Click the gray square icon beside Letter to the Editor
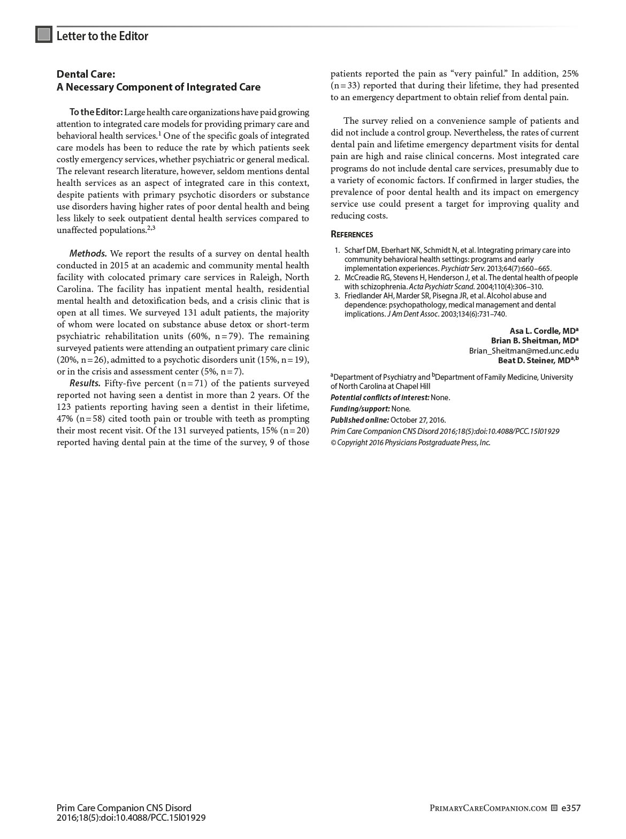coord(44,35)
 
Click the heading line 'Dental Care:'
coord(86,74)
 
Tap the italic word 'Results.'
coord(85,383)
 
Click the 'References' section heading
coord(352,234)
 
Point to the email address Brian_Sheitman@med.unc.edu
coord(523,350)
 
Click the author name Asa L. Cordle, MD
coord(543,331)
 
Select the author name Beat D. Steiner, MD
coord(537,360)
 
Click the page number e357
coord(570,808)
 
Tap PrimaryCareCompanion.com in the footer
coord(488,808)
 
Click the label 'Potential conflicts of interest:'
coord(379,398)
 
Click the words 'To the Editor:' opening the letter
coord(96,112)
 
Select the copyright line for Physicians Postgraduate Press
coord(410,443)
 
